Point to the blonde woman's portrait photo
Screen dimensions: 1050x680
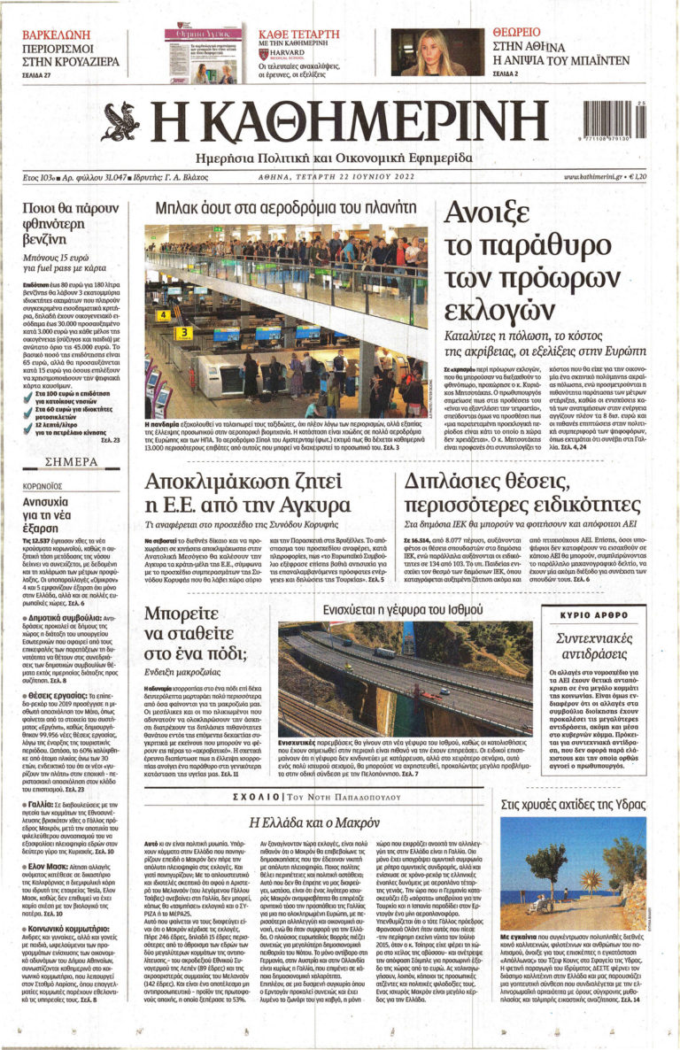(437, 51)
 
